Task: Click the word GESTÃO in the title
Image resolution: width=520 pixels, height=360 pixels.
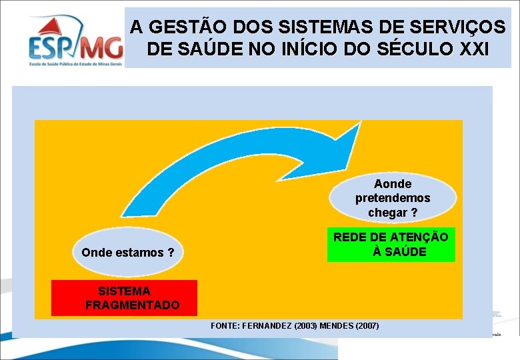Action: click(x=179, y=27)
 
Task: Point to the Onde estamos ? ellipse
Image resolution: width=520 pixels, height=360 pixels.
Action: click(x=127, y=253)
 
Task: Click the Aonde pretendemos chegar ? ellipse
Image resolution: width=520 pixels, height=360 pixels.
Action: click(x=393, y=197)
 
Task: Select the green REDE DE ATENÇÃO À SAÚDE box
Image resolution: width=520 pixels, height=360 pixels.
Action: click(x=391, y=244)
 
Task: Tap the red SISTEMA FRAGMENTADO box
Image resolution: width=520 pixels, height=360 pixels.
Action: click(x=124, y=297)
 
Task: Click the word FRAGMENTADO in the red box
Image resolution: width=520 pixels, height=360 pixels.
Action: click(x=133, y=305)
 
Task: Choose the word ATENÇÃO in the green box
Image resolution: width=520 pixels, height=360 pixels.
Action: click(x=419, y=237)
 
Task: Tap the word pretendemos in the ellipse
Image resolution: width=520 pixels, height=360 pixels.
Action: click(x=393, y=198)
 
